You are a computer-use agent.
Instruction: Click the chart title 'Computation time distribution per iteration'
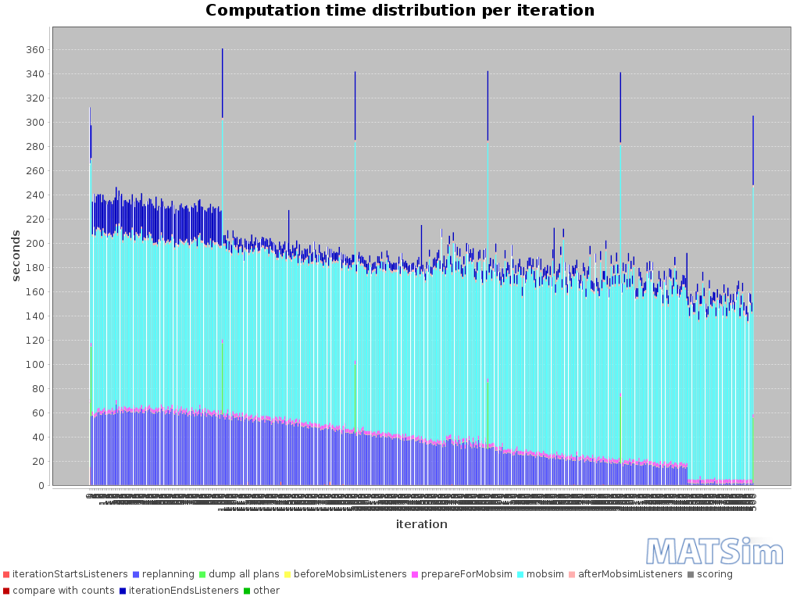399,11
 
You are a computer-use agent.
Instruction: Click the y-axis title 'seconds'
16,255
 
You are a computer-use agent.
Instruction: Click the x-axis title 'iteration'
421,524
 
